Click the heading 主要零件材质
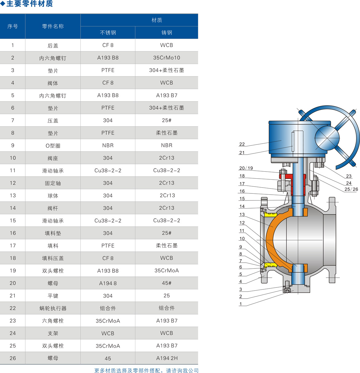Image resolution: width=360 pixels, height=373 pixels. (30, 4)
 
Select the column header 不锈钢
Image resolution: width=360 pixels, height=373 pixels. (108, 33)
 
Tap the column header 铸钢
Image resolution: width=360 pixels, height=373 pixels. (167, 33)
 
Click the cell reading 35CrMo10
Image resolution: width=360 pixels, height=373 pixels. (166, 58)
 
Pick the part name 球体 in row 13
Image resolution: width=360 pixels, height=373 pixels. (53, 196)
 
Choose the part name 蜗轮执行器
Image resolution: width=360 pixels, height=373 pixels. (53, 308)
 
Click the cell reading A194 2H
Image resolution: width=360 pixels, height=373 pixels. (167, 358)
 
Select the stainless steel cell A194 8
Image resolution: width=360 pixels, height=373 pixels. (108, 283)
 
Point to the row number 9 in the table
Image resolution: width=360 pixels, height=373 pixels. (13, 145)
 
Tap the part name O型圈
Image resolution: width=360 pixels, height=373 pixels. (53, 146)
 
